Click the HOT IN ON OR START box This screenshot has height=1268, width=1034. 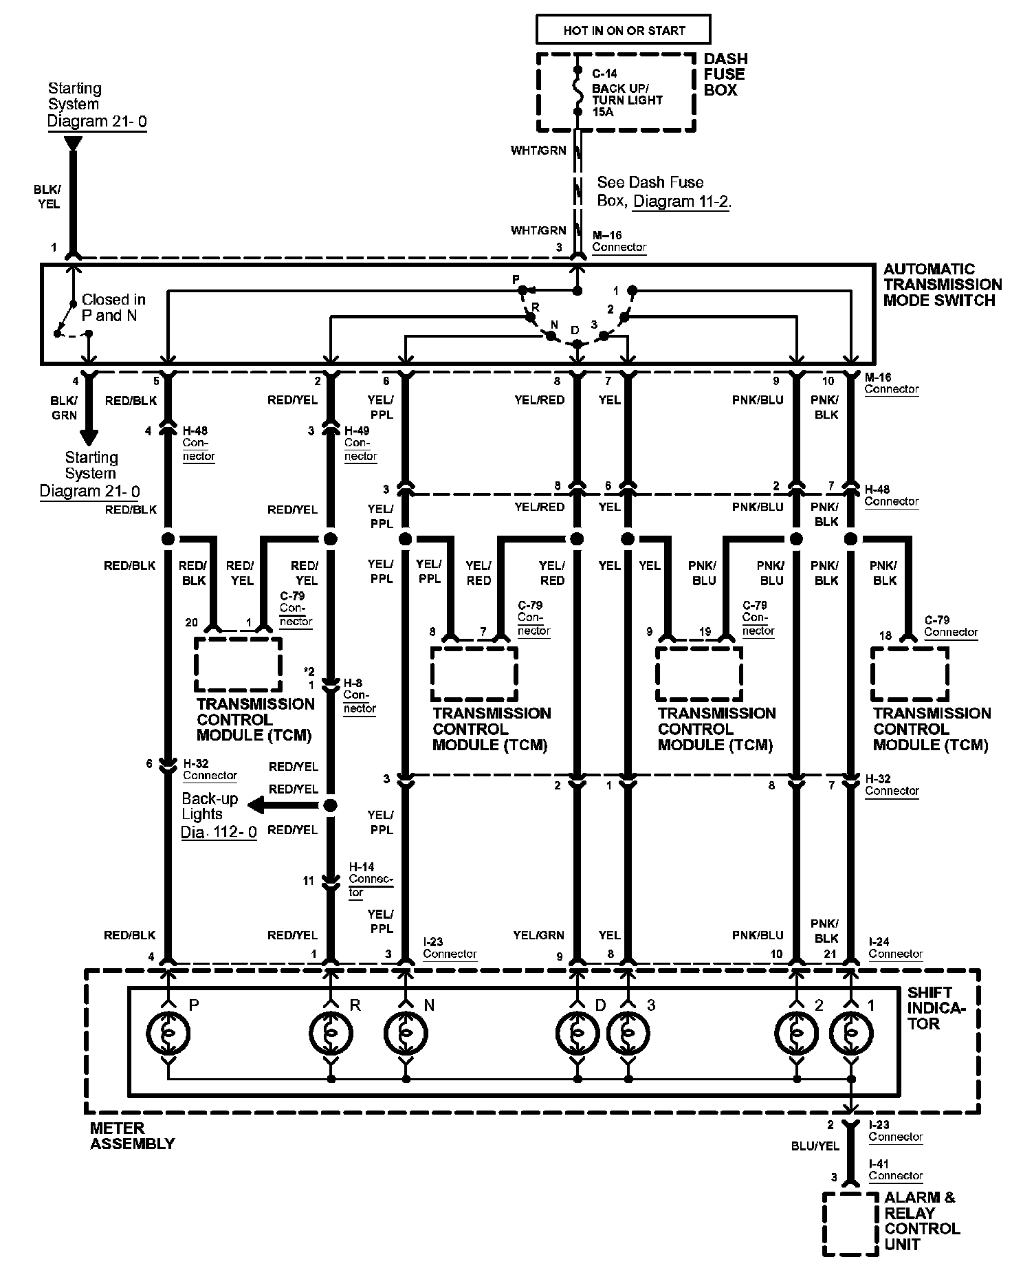point(624,30)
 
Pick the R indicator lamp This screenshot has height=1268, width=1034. point(331,1033)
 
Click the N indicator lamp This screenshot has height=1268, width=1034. point(406,1033)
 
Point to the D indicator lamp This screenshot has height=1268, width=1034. point(577,1033)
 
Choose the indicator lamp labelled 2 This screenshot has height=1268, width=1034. point(797,1033)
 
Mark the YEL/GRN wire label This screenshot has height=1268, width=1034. point(538,935)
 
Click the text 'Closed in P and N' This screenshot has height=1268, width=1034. point(113,307)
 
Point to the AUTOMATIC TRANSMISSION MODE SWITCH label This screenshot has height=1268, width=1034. point(943,285)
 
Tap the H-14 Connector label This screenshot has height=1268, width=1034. point(371,880)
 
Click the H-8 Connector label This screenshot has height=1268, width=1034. point(360,695)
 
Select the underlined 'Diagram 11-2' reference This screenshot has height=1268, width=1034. point(681,201)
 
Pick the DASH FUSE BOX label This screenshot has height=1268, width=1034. point(725,74)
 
